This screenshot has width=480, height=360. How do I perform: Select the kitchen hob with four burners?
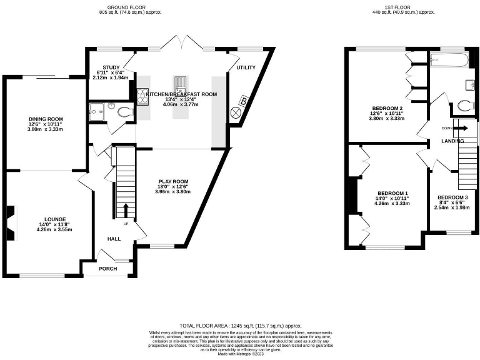[x=142, y=97]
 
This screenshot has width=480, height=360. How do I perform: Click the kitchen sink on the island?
[x=180, y=83]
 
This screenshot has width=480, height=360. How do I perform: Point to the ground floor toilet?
[x=124, y=111]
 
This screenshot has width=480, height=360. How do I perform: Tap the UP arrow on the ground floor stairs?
[x=126, y=211]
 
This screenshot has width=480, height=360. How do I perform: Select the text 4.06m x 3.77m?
[x=181, y=105]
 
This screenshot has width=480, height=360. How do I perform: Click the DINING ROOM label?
[x=46, y=119]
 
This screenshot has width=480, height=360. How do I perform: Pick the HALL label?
[x=114, y=239]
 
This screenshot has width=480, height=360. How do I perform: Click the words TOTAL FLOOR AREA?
[x=203, y=326]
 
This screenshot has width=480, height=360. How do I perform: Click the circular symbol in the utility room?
[x=237, y=112]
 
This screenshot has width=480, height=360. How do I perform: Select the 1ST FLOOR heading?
[x=402, y=7]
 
